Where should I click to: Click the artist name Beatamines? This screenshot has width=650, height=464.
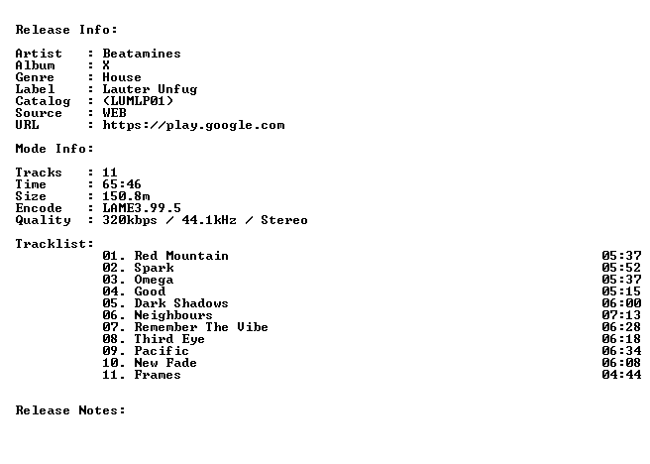click(x=142, y=54)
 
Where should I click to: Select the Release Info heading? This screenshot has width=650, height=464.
click(x=66, y=30)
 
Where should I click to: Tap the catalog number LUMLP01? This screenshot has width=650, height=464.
click(x=138, y=101)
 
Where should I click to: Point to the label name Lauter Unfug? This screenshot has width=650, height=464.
click(x=150, y=89)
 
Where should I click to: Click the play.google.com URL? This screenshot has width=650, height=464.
click(x=193, y=125)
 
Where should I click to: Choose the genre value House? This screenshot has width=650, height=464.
click(x=122, y=77)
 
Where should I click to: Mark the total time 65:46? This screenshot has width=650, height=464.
click(x=122, y=184)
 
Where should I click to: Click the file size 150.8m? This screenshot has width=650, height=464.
click(x=126, y=196)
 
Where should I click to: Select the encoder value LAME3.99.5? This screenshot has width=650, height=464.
click(x=142, y=208)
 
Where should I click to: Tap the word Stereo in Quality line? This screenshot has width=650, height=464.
click(x=284, y=220)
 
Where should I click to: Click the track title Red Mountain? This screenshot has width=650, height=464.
click(x=181, y=256)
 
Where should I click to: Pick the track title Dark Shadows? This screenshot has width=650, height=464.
click(x=181, y=303)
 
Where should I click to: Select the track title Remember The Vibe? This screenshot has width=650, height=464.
click(x=201, y=327)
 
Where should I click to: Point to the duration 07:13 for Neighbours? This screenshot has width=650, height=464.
click(x=621, y=315)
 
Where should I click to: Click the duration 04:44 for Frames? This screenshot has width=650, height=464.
click(x=621, y=375)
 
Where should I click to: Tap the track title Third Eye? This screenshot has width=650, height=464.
click(x=169, y=339)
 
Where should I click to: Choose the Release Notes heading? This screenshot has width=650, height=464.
click(x=70, y=410)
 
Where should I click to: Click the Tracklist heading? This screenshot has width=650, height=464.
click(x=54, y=244)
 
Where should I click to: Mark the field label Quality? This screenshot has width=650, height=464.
click(x=43, y=220)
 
